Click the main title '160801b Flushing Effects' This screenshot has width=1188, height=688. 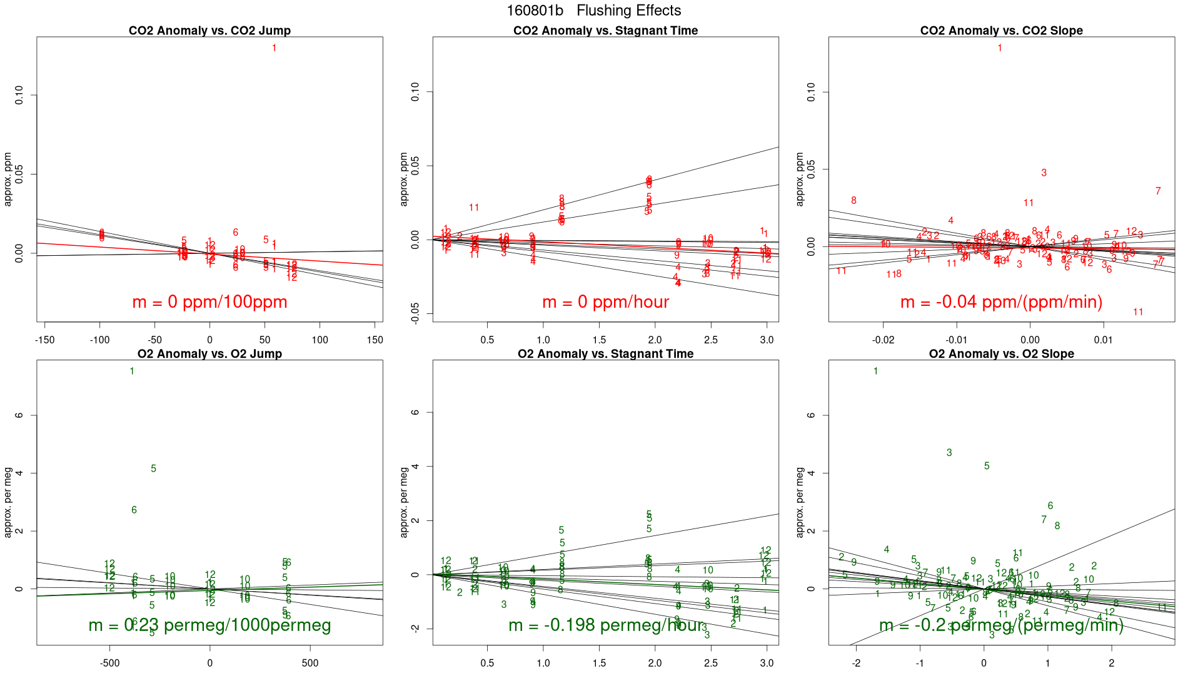click(593, 11)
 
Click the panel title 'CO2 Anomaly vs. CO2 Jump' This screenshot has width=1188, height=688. click(209, 31)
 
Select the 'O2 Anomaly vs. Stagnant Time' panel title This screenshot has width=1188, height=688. click(605, 354)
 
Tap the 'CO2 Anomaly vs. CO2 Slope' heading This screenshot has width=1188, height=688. click(1001, 31)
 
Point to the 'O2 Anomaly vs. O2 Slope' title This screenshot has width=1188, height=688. click(1001, 354)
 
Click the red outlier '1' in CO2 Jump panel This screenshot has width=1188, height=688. click(274, 48)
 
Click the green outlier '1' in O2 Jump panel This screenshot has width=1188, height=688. click(132, 372)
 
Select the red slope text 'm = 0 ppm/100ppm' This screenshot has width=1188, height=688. click(209, 302)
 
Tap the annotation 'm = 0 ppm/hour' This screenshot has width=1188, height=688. click(605, 302)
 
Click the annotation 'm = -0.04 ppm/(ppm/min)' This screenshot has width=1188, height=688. click(1001, 302)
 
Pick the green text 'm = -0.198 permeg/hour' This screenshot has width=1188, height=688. click(605, 625)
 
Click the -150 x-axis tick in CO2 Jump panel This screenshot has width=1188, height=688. click(44, 340)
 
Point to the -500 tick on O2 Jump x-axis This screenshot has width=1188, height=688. click(109, 664)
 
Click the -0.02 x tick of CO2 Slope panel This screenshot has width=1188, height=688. click(883, 340)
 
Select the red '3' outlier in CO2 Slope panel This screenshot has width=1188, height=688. click(1044, 173)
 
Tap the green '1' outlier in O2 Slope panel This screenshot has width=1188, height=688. click(875, 372)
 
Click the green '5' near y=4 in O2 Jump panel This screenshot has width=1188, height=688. click(153, 468)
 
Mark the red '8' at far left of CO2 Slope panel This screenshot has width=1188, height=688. click(853, 201)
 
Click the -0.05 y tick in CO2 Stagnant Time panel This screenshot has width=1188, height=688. click(416, 313)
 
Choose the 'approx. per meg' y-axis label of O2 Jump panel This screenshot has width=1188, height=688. click(9, 502)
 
